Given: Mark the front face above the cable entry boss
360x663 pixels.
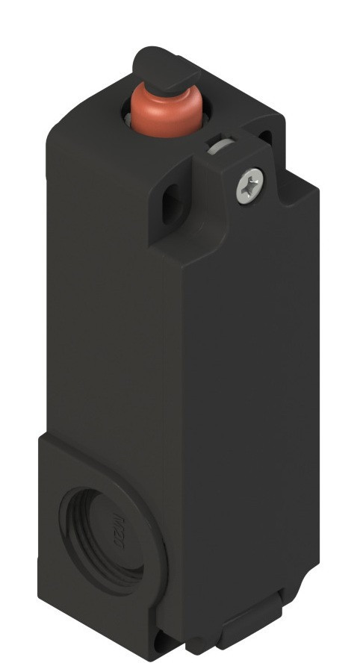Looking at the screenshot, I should point(105,299).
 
